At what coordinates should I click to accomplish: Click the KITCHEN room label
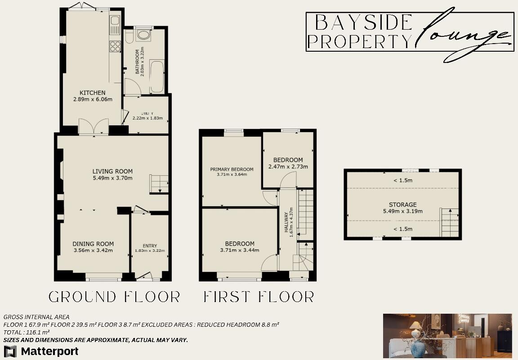(93, 93)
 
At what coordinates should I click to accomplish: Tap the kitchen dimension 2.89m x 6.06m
(93, 99)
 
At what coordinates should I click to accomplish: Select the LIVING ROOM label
(112, 171)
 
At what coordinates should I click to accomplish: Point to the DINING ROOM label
(93, 244)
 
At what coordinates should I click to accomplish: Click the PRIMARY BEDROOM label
(232, 169)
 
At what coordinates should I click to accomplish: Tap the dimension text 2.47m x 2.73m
(288, 167)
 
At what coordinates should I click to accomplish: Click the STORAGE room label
(402, 204)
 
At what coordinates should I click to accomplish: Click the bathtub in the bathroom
(157, 77)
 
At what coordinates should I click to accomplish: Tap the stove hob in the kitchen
(115, 46)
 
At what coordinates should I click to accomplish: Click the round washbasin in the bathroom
(144, 36)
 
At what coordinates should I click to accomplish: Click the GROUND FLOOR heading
(114, 297)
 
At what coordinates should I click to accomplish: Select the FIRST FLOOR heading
(259, 297)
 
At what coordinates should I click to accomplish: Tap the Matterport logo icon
(10, 351)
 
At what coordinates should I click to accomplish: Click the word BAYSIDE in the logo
(364, 22)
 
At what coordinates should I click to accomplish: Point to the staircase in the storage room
(449, 222)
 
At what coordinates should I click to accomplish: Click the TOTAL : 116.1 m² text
(27, 332)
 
